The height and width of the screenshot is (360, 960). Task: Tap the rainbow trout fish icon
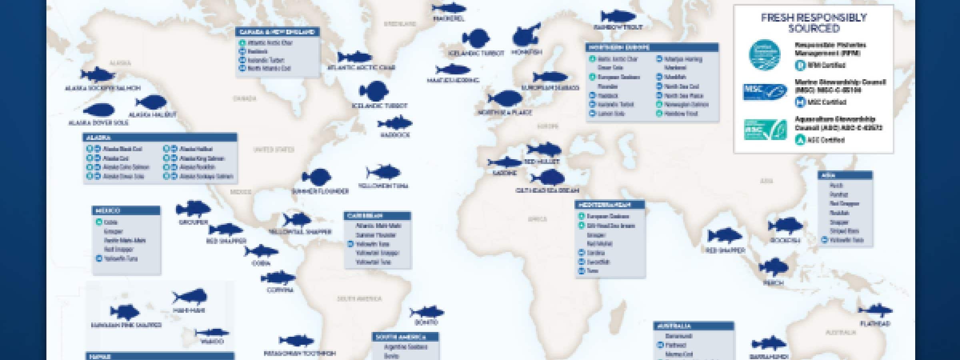click(x=618, y=16)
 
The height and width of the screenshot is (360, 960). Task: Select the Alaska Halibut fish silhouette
click(x=151, y=102)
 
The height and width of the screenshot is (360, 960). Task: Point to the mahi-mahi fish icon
click(x=190, y=298)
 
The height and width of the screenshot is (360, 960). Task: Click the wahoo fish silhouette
click(x=212, y=333)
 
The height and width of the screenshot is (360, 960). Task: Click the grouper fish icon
click(x=193, y=209)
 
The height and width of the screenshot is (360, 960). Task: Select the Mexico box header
click(x=126, y=210)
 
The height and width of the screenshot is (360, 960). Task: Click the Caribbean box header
click(x=378, y=216)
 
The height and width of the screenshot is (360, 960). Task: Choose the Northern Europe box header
click(x=652, y=48)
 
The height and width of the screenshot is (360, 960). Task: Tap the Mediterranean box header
click(x=610, y=205)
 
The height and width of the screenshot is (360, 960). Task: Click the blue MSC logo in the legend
click(x=764, y=92)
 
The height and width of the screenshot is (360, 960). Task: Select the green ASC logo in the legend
click(x=764, y=130)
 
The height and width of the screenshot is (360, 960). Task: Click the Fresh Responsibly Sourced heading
click(x=814, y=23)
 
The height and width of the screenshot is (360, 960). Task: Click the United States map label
click(x=274, y=150)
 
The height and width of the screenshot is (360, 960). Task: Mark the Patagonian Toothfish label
click(x=300, y=354)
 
